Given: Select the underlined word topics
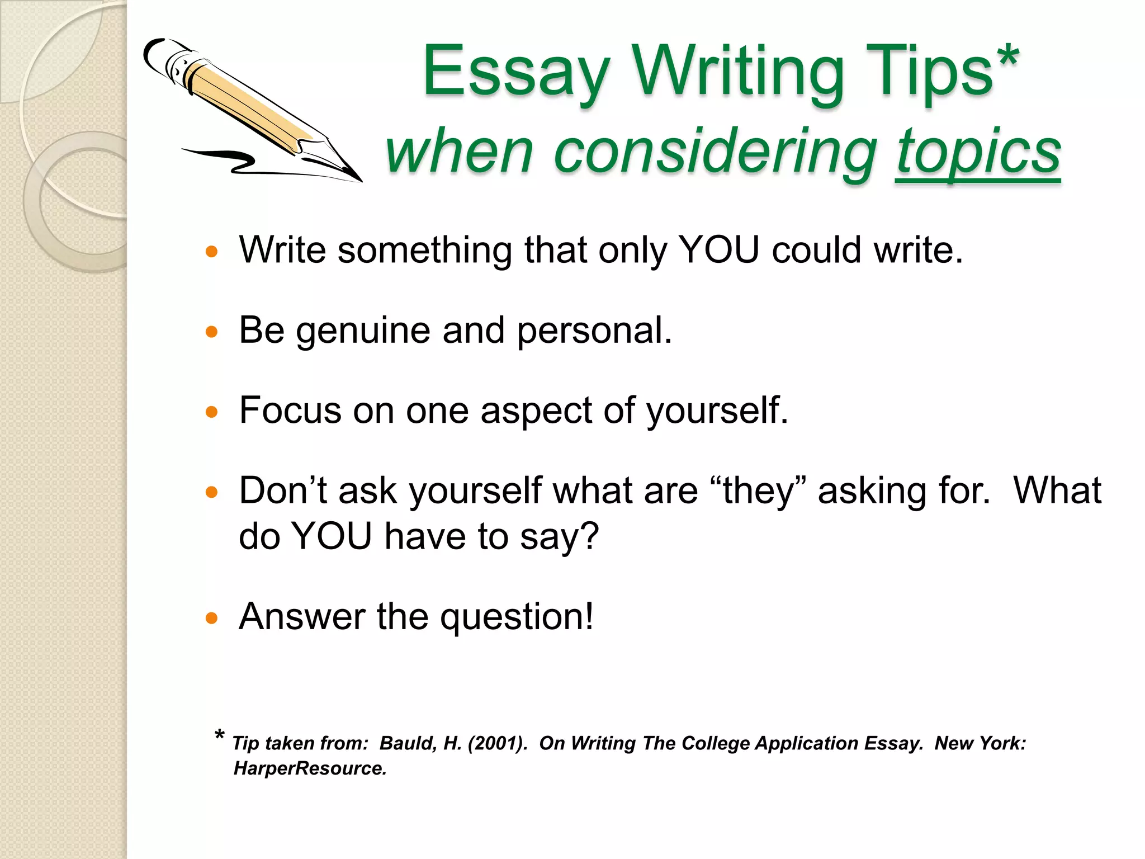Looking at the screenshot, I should [x=978, y=152].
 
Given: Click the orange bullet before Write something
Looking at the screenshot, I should [x=211, y=252].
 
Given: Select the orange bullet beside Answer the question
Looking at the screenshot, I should [x=211, y=619].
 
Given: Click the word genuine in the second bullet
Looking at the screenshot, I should [x=363, y=331].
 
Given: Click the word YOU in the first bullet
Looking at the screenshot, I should [x=718, y=250].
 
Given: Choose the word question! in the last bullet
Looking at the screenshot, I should [x=517, y=617].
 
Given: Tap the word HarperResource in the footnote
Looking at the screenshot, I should [x=310, y=769].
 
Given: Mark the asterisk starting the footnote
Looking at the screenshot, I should [x=220, y=735].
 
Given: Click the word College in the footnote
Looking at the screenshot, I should [x=716, y=743].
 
